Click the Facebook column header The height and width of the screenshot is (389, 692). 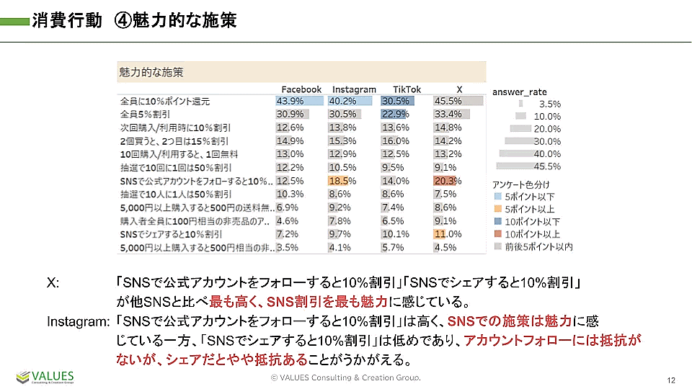coord(301,89)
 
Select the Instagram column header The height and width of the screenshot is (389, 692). coord(354,89)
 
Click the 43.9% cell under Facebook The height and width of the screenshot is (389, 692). coord(290,101)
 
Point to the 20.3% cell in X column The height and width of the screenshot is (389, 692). coord(447,181)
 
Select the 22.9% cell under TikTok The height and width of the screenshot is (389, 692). coord(394,114)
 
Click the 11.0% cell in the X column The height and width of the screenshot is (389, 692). coord(447,234)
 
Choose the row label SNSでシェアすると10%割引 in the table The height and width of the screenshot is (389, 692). coord(172,234)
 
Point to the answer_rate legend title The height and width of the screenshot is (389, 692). coord(519,91)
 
